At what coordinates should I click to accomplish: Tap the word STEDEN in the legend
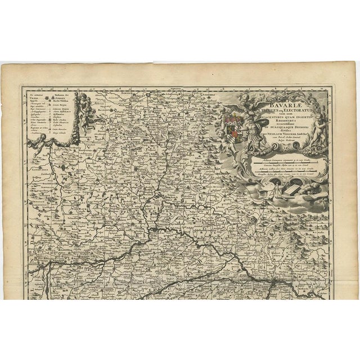pyautogui.click(x=57, y=94)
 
